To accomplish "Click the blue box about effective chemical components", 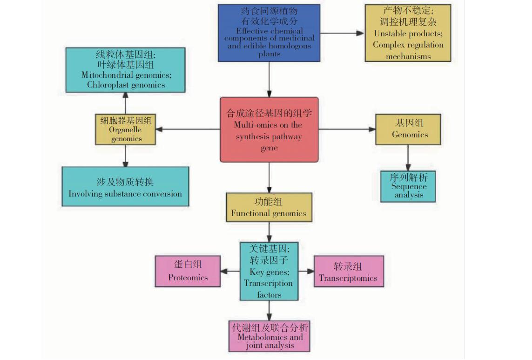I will pyautogui.click(x=269, y=33).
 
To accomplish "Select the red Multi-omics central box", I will pyautogui.click(x=269, y=129).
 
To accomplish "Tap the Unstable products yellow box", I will pyautogui.click(x=408, y=33).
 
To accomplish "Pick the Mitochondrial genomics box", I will pyautogui.click(x=125, y=69).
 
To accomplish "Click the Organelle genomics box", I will pyautogui.click(x=126, y=129).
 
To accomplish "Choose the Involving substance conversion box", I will pyautogui.click(x=125, y=186).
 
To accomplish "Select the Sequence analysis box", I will pyautogui.click(x=408, y=186).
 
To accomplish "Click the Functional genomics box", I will pyautogui.click(x=269, y=207).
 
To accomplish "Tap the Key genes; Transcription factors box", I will pyautogui.click(x=269, y=271).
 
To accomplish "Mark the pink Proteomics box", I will pyautogui.click(x=188, y=271).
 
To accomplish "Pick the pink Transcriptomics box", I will pyautogui.click(x=349, y=271).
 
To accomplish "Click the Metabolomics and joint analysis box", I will pyautogui.click(x=269, y=336).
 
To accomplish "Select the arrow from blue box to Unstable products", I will pyautogui.click(x=342, y=33).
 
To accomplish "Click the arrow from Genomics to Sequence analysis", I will pyautogui.click(x=408, y=158).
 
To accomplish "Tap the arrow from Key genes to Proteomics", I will pyautogui.click(x=230, y=271).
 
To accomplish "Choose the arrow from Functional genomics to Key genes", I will pyautogui.click(x=269, y=231).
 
